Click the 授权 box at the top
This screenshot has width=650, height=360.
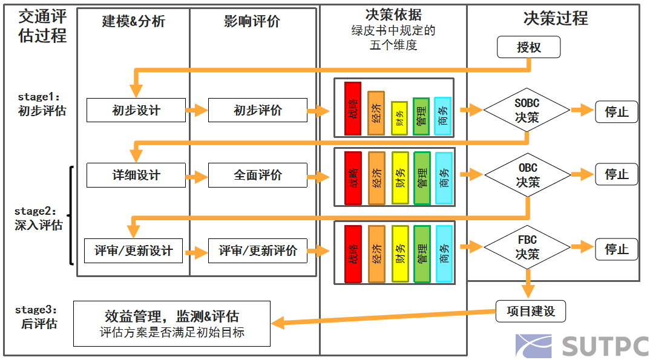point(528,47)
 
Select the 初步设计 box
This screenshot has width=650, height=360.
point(136,111)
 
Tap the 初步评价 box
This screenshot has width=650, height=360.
point(258,111)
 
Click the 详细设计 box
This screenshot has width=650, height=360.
point(136,175)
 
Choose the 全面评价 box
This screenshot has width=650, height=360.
point(258,175)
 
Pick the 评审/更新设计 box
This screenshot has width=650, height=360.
point(133,250)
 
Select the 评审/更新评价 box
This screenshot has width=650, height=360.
point(258,250)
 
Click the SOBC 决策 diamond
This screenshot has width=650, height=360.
point(527,110)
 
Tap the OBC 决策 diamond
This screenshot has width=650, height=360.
point(527,175)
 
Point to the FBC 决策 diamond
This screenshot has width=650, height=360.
point(527,247)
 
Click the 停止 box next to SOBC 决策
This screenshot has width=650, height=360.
point(616,112)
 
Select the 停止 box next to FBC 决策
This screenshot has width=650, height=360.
point(616,249)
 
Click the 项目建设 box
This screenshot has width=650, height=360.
point(530,311)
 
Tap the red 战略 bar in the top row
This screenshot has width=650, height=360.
point(352,108)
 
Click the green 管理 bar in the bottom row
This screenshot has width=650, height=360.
point(422,254)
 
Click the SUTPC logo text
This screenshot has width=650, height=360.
point(605,345)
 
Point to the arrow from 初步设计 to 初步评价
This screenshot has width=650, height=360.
point(197,111)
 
